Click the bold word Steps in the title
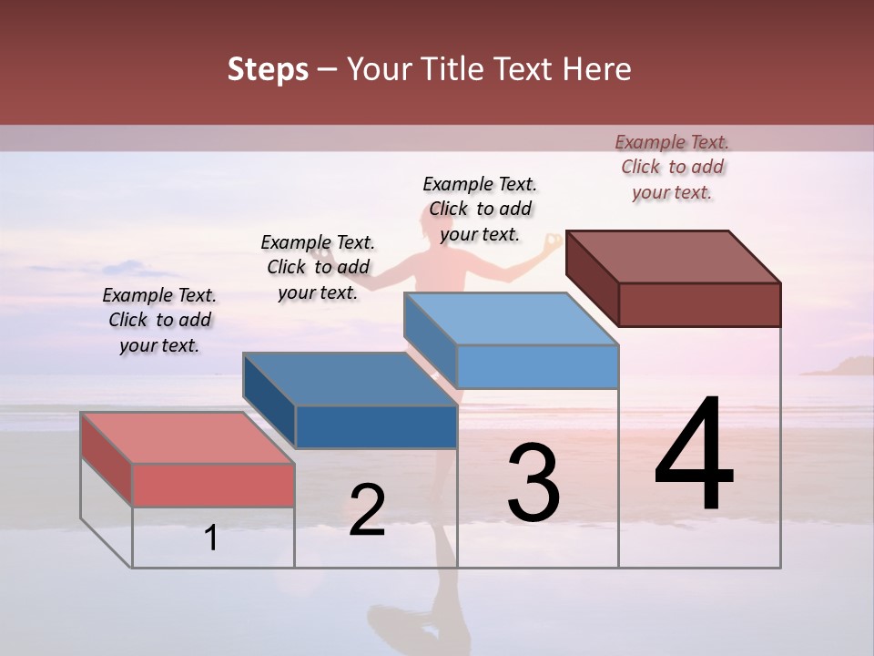coord(268,69)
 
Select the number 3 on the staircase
coord(534,483)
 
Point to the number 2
coord(367,510)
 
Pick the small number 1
coord(211,538)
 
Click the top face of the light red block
coord(188,437)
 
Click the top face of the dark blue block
coord(350,379)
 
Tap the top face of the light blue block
coord(511,320)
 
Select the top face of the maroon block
coord(673,257)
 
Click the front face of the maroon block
coord(699,304)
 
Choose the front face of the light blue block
coord(537,366)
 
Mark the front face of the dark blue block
coord(376,426)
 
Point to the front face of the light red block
coord(213,485)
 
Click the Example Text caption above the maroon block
coord(672,167)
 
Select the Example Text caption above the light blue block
coord(480,209)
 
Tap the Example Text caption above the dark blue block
coord(318,267)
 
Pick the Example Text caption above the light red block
coord(159,320)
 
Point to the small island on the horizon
coord(838,366)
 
